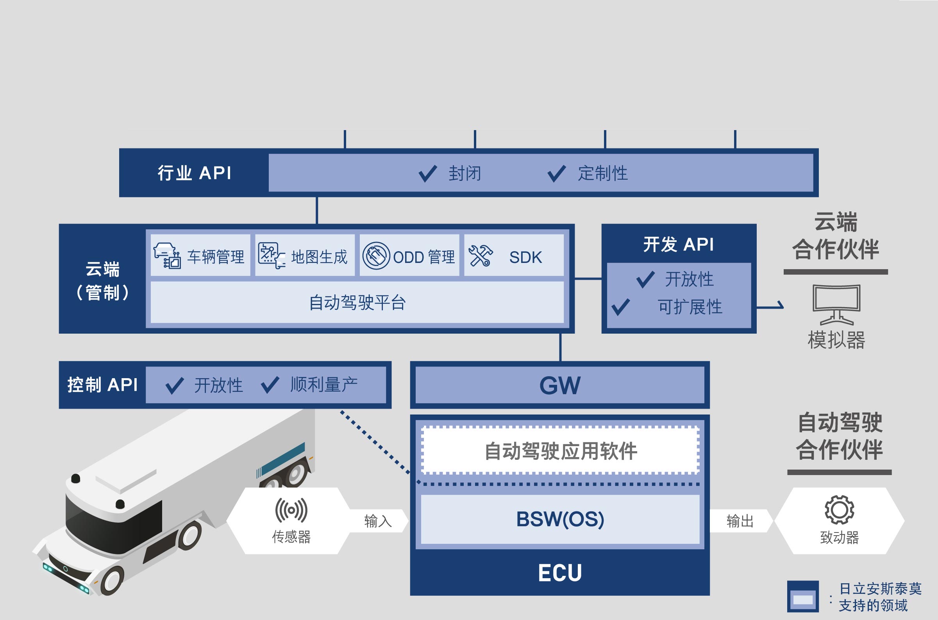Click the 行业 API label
click(195, 173)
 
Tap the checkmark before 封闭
click(428, 173)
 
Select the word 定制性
click(603, 173)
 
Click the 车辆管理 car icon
click(167, 256)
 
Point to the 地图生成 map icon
click(272, 256)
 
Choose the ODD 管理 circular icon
click(376, 256)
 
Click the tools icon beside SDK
click(480, 256)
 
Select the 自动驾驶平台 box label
click(357, 302)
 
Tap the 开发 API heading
click(678, 244)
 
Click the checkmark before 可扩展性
click(621, 307)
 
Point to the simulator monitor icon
click(836, 304)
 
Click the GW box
click(560, 385)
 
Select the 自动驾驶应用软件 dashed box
click(561, 450)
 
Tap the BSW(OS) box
click(560, 519)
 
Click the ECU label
click(560, 573)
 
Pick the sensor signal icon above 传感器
click(291, 510)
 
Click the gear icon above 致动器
click(840, 510)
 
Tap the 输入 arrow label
click(378, 521)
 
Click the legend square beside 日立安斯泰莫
click(803, 597)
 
